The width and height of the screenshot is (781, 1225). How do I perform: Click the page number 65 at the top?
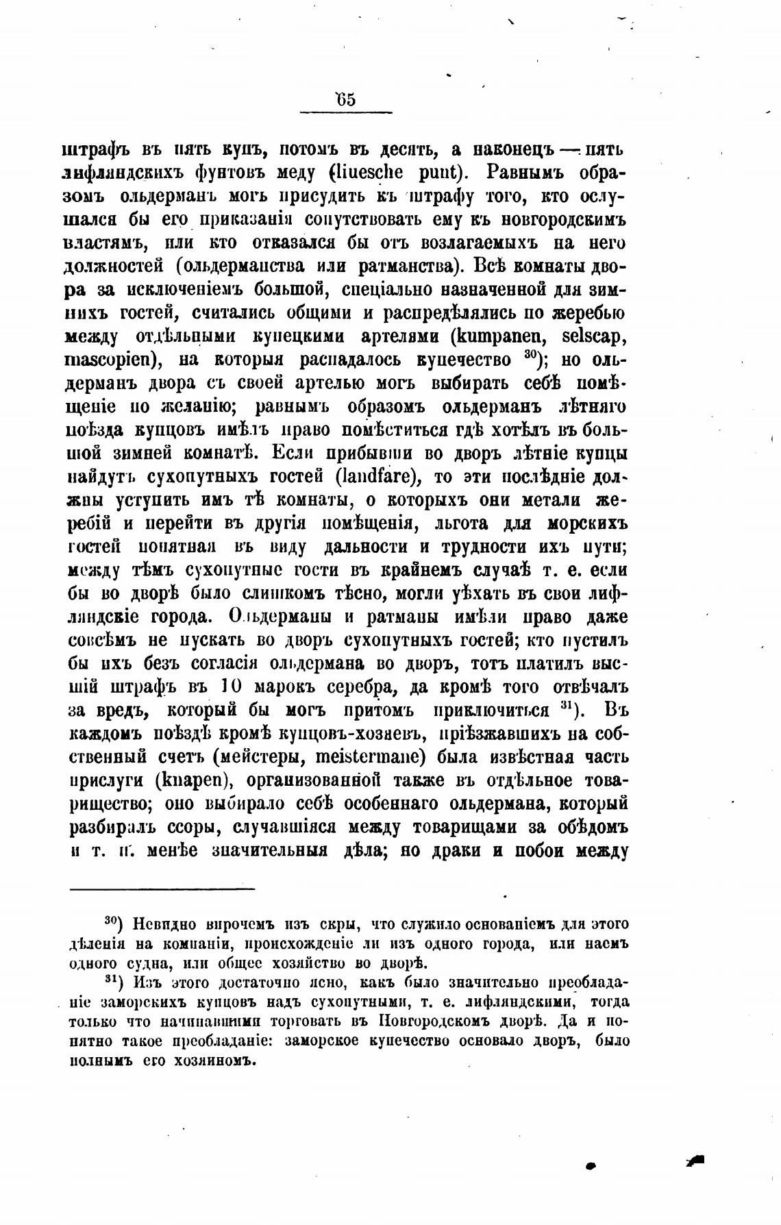pyautogui.click(x=346, y=99)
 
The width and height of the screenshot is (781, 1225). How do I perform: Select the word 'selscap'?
pyautogui.click(x=593, y=336)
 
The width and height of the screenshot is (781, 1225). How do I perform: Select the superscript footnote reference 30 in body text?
pyautogui.click(x=529, y=355)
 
